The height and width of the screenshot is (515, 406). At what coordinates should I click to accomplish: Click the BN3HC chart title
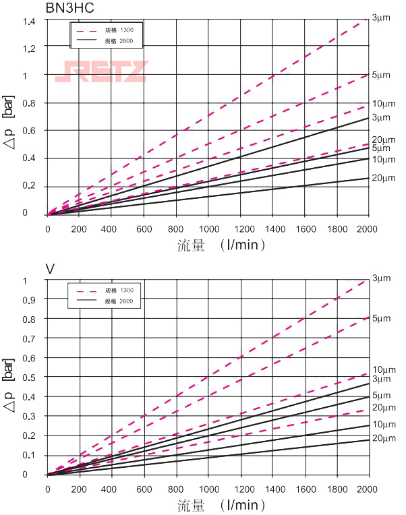66,8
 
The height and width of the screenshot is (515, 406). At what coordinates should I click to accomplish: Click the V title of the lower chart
50,269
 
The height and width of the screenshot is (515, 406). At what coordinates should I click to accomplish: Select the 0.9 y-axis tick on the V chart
30,299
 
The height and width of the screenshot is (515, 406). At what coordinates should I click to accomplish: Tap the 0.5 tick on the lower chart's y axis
30,377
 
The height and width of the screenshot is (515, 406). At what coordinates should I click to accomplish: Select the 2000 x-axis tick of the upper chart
368,229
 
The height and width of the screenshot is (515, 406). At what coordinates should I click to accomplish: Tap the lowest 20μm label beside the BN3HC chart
383,178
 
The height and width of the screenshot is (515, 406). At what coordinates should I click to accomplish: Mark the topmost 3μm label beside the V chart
381,278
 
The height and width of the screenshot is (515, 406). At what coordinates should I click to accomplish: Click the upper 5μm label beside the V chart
381,317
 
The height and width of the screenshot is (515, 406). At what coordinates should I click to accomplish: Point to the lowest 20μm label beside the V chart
383,438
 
